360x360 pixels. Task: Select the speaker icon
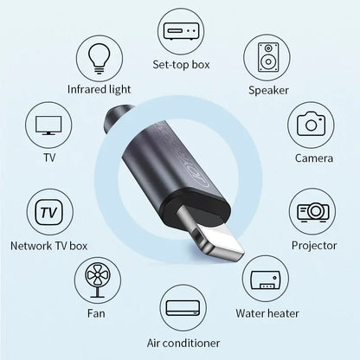268,57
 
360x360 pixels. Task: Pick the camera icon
311,124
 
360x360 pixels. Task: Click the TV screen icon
48,125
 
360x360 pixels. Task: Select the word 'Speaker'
268,89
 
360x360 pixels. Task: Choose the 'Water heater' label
268,313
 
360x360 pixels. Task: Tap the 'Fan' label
95,313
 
